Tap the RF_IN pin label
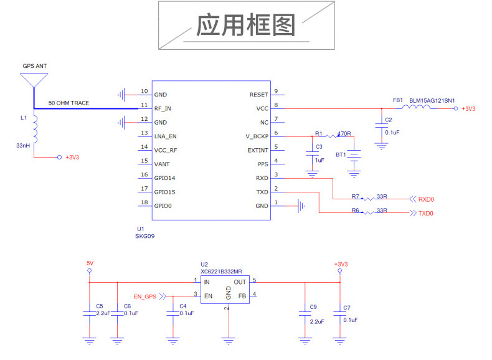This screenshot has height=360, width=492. point(163,108)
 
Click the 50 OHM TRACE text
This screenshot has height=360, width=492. point(69,103)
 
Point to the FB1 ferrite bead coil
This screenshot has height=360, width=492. point(417,108)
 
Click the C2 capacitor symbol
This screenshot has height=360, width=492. point(381,126)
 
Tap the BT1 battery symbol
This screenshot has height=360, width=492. point(354,154)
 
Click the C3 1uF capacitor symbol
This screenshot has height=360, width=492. point(311,153)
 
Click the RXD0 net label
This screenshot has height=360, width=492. point(426,200)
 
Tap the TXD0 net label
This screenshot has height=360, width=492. point(426,214)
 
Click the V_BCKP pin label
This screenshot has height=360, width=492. point(257,136)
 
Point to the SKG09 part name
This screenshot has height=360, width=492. point(145,237)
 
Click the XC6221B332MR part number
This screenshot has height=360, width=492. point(221,272)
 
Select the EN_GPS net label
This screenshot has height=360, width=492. point(145,296)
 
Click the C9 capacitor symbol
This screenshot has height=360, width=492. point(305,315)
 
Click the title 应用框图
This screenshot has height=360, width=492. point(245,26)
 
